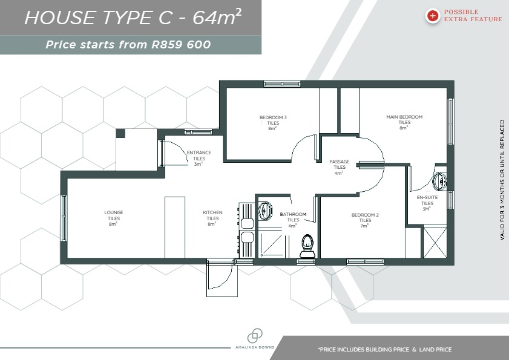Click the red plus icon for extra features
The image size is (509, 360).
[x=432, y=16]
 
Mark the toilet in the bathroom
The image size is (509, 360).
[x=307, y=246]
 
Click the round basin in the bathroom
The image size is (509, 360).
[x=265, y=211]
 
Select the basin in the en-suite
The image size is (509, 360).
[x=440, y=182]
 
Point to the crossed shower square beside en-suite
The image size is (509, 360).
[x=435, y=243]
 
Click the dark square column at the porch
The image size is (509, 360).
[x=120, y=133]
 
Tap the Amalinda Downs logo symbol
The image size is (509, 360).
[x=255, y=336]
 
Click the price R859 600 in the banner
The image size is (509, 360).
[x=181, y=45]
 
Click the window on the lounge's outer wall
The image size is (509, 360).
[x=64, y=218]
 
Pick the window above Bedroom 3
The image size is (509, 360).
[x=282, y=84]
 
